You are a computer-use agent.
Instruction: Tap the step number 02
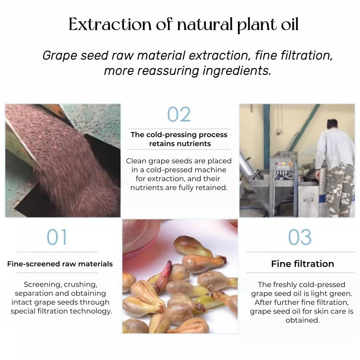[x=179, y=115]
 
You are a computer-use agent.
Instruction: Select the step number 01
[x=57, y=237]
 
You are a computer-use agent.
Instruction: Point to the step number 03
[x=300, y=237]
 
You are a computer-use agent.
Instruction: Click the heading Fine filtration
[x=302, y=264]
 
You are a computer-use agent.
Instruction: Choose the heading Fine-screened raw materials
[x=60, y=264]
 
